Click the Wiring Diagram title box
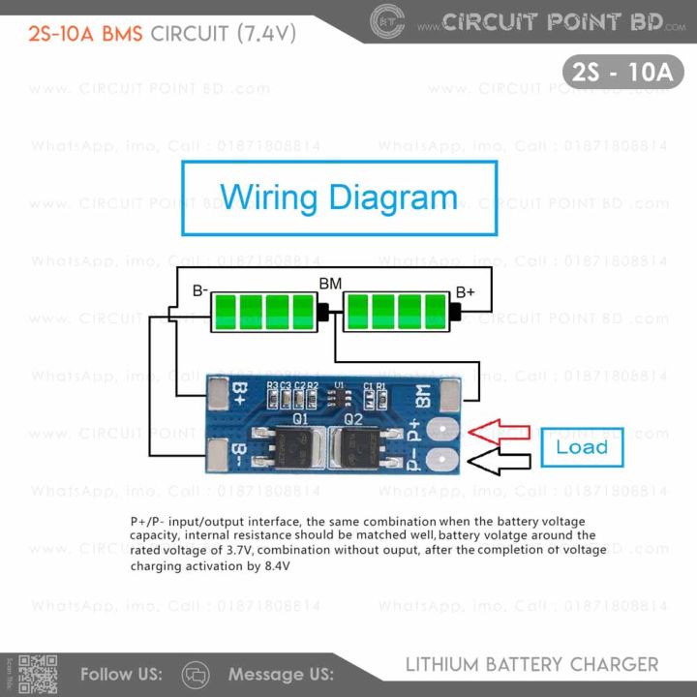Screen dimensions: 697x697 point(339,198)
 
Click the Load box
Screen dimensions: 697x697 point(582,447)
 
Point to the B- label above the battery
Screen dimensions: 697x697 point(200,289)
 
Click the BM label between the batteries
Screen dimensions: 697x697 point(330,284)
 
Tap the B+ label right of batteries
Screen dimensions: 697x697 point(465,290)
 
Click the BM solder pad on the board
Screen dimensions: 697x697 point(451,392)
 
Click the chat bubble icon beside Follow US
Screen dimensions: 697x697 point(196,674)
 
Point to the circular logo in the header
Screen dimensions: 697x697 point(387,19)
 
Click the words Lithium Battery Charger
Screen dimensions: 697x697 point(531,665)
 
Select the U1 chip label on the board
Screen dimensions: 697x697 point(339,385)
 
